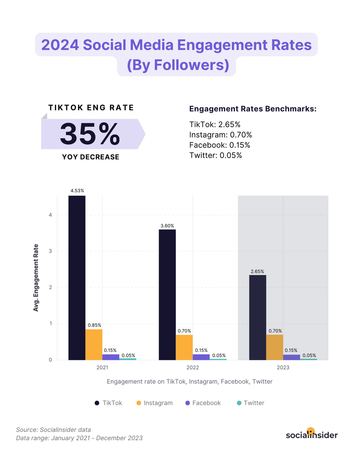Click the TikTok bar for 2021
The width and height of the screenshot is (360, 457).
(77, 278)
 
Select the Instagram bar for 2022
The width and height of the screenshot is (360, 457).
(184, 347)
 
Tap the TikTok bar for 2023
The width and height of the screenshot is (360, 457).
(258, 318)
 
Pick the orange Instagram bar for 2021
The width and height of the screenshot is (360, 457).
(94, 345)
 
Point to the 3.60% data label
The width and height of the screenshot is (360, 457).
(167, 226)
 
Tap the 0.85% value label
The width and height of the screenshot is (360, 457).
(94, 325)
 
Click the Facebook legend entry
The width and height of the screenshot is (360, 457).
(202, 403)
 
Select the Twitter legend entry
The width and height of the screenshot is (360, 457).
(250, 403)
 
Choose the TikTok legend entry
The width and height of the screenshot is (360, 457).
(108, 403)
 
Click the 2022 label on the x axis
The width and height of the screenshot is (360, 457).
(193, 368)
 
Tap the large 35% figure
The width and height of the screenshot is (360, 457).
(90, 134)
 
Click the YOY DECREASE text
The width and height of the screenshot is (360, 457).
(91, 157)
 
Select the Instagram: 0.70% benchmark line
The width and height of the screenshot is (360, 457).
(221, 135)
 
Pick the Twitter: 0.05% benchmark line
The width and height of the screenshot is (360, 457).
(216, 155)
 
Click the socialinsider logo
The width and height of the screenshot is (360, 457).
(312, 435)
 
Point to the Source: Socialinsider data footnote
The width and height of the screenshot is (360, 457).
(53, 430)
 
